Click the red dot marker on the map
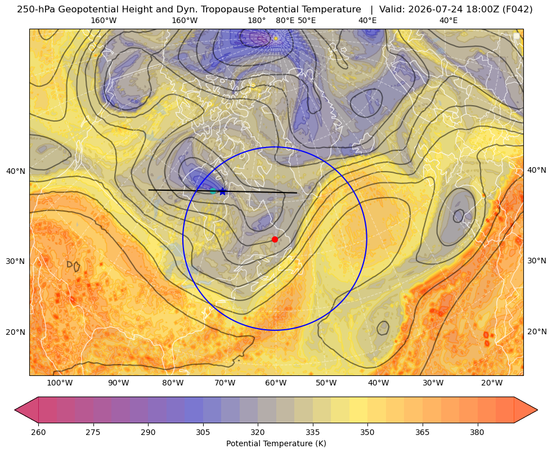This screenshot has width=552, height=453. point(275,239)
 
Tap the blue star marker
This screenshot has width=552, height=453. point(222,191)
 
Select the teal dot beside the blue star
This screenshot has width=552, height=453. point(213,191)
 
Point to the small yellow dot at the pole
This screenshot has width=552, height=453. point(276,38)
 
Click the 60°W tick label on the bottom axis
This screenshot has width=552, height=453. point(276,383)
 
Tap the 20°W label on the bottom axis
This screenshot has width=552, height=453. point(492,383)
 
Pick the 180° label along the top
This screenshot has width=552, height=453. point(257,20)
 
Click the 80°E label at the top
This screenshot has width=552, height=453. point(285,20)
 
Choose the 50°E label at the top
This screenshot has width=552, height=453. point(307,20)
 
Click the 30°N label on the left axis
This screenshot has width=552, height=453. point(16,261)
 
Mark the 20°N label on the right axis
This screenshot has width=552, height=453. point(537,331)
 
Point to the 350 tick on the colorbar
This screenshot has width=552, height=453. point(367,432)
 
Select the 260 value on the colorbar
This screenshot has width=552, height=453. point(38,432)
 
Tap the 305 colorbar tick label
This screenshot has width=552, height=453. point(203,432)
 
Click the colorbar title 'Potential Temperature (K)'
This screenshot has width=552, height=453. point(276,443)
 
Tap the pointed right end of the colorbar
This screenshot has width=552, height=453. point(537,410)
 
